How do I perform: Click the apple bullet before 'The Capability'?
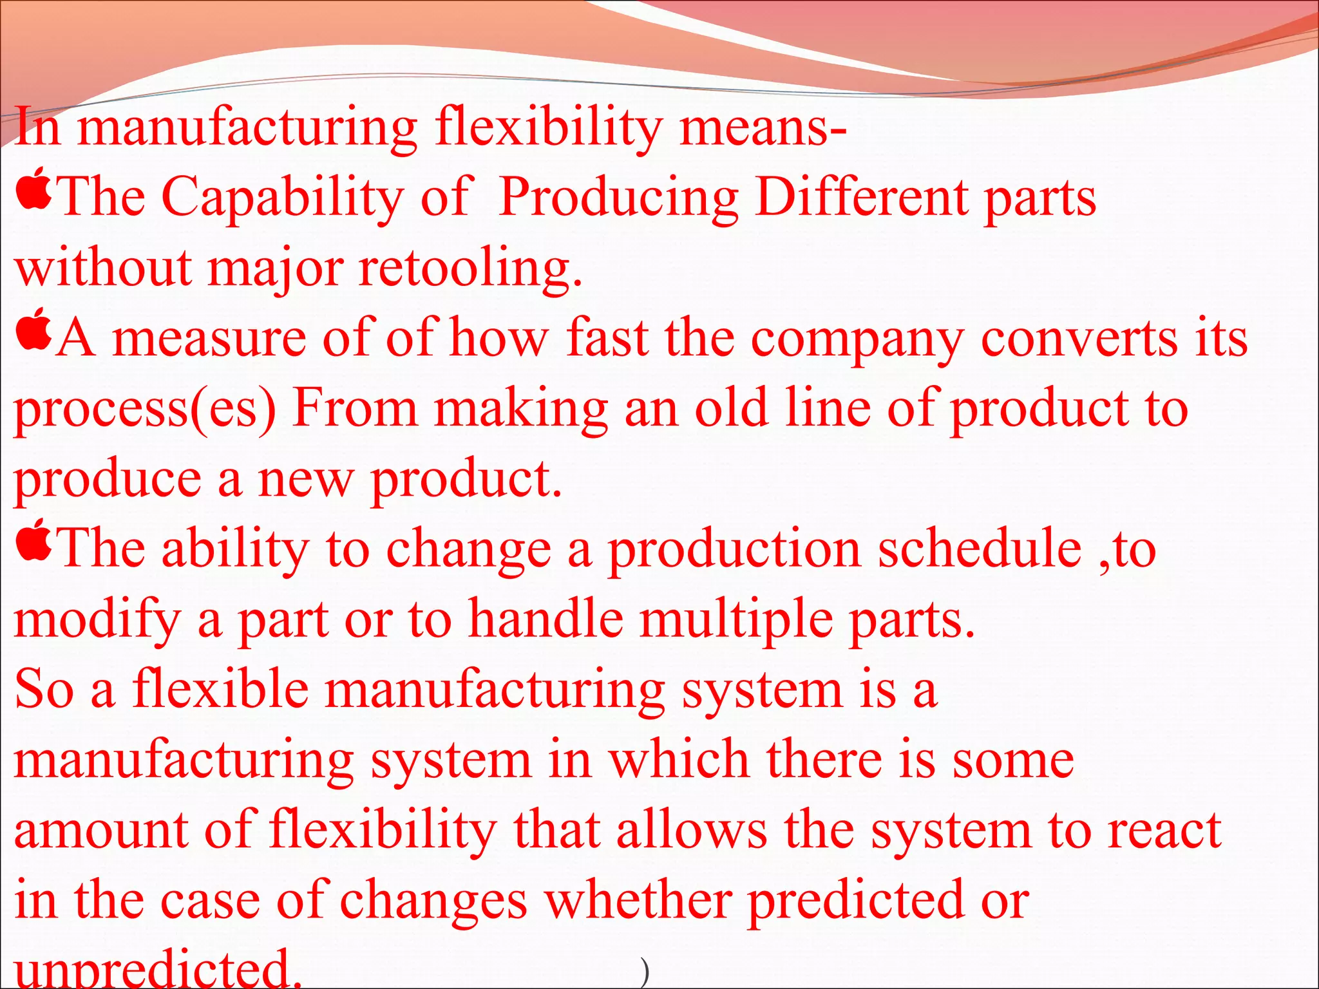pos(34,189)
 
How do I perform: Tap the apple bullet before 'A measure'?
pos(34,329)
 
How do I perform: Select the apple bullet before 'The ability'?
pos(34,540)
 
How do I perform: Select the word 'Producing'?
pos(618,198)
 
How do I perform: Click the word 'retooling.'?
pos(470,268)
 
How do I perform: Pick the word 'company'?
pos(857,340)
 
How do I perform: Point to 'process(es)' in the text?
pos(145,410)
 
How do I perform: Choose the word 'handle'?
pos(546,619)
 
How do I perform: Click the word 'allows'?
pos(692,830)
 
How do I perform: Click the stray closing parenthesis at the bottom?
pos(645,972)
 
